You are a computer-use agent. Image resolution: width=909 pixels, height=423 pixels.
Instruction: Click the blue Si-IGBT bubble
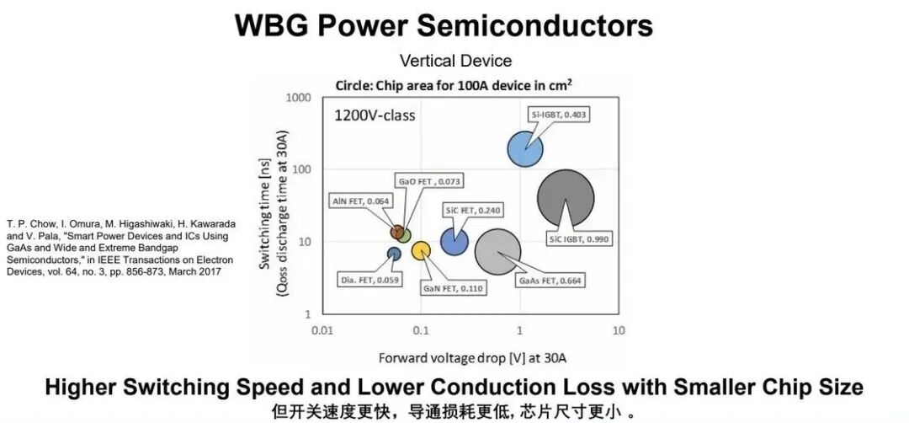coord(525,148)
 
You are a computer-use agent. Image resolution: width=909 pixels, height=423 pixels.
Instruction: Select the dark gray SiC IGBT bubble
coord(566,198)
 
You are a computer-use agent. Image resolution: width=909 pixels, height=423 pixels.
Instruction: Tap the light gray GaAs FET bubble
coord(497,252)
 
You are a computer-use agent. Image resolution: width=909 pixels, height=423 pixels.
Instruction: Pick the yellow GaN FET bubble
coord(421,250)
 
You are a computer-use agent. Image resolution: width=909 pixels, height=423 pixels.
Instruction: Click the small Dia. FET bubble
coord(394,254)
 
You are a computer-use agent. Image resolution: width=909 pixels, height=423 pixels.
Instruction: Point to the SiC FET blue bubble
coord(454,242)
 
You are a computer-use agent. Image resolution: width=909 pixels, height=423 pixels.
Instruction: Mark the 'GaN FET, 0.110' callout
coord(454,287)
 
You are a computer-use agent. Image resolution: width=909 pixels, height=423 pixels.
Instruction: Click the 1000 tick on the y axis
coord(299,98)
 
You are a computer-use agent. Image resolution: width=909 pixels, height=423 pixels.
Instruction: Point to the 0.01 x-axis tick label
coord(322,331)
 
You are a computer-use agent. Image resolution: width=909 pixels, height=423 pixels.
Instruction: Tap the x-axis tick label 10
coord(619,331)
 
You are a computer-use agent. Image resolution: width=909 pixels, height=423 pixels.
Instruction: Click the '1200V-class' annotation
coord(375,115)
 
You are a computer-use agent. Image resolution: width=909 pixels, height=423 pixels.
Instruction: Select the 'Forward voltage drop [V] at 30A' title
coord(472,358)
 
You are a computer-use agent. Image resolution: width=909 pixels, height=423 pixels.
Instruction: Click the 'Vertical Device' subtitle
coord(455,61)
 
